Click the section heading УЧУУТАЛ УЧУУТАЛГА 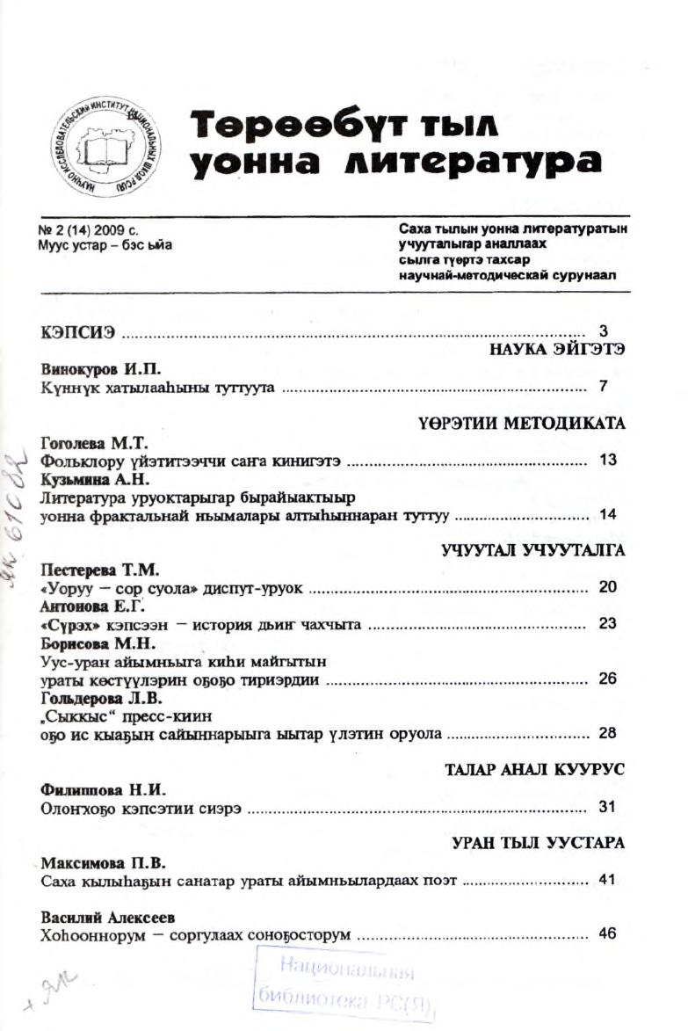(531, 551)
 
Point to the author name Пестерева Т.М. (91, 570)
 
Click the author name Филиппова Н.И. (91, 788)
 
